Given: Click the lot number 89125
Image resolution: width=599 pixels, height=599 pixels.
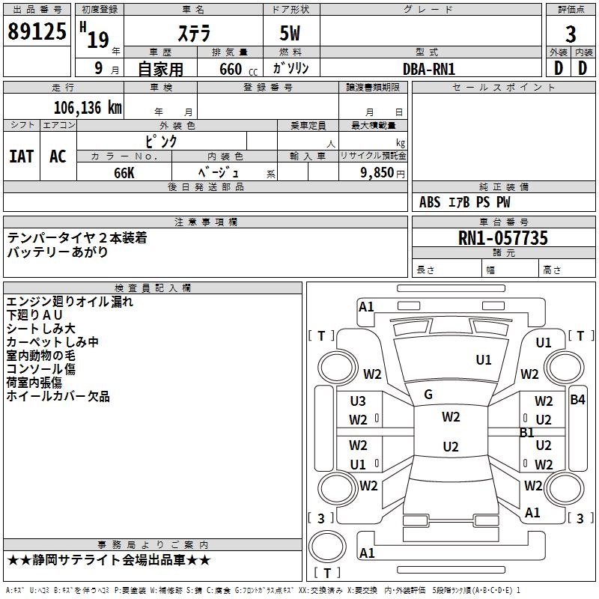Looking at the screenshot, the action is click(x=37, y=31).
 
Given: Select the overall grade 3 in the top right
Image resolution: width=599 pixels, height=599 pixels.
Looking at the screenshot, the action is click(x=571, y=34).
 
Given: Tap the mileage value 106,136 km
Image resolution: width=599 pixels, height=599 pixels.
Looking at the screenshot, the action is click(x=88, y=108).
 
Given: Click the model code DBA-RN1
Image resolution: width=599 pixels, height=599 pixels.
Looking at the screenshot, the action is click(x=429, y=69).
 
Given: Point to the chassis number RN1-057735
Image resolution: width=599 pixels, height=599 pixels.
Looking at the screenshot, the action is click(x=502, y=238).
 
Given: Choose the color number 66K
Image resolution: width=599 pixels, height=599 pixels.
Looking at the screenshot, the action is click(x=124, y=173).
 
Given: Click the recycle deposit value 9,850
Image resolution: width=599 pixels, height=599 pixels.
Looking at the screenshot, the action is click(x=377, y=172).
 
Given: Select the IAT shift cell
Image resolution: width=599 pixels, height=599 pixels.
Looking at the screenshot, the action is click(x=22, y=156).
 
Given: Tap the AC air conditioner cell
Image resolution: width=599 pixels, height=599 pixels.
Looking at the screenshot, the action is click(x=58, y=156).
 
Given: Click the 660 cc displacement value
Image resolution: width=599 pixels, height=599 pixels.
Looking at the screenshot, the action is click(x=238, y=69).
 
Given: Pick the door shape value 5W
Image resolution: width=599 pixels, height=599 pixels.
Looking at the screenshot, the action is click(x=290, y=33).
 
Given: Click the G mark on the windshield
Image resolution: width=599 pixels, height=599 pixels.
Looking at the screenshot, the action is click(x=428, y=395).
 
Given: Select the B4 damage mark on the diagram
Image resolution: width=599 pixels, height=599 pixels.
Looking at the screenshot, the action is click(x=577, y=400).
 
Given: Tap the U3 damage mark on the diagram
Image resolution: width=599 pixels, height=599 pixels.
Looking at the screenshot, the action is click(x=358, y=401).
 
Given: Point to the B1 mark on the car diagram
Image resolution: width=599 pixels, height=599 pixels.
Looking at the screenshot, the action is click(x=527, y=433).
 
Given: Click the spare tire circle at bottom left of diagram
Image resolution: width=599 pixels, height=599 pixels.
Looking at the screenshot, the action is click(x=327, y=547).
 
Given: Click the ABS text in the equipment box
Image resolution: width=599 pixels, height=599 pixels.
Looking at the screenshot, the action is click(x=430, y=202).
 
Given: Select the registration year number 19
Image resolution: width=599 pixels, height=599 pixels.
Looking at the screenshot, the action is click(x=98, y=40).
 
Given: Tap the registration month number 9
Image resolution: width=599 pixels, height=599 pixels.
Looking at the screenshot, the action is click(x=99, y=68).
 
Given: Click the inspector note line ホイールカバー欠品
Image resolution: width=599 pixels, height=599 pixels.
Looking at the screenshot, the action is click(x=58, y=396).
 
